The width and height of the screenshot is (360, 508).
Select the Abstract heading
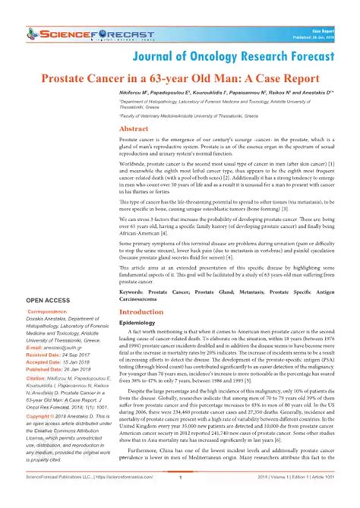(134, 131)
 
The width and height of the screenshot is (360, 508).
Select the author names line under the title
(226, 92)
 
